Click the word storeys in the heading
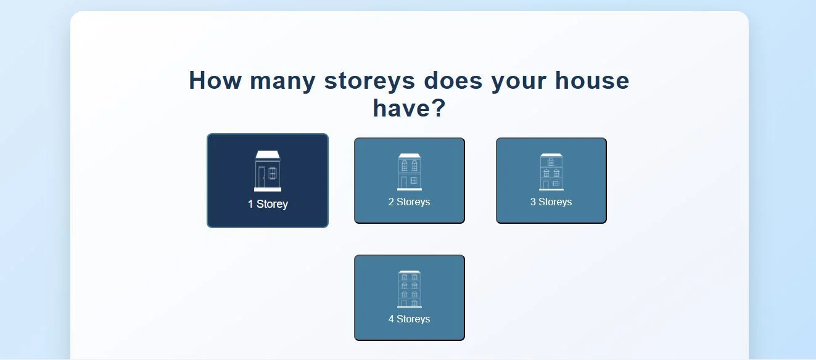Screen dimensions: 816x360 point(369,81)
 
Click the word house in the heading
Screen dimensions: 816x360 point(592,80)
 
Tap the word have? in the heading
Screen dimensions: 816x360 point(409,108)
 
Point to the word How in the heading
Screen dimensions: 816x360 point(215,80)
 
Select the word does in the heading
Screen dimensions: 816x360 point(453,80)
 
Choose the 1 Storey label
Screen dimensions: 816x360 point(268,204)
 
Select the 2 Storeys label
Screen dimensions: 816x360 point(409,202)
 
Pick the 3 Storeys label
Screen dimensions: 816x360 point(551,202)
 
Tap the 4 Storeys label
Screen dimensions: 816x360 point(409,319)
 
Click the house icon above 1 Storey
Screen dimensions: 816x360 point(268,171)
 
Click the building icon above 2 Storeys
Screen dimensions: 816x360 point(409,172)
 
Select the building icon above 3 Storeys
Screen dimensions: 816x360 point(551,172)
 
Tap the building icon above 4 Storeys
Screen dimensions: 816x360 point(409,289)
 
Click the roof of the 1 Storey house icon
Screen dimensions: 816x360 point(268,155)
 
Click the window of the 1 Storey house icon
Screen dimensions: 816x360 point(273,173)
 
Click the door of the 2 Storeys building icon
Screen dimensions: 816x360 point(403,182)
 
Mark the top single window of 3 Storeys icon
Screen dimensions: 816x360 point(551,162)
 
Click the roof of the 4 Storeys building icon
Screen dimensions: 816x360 point(409,272)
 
